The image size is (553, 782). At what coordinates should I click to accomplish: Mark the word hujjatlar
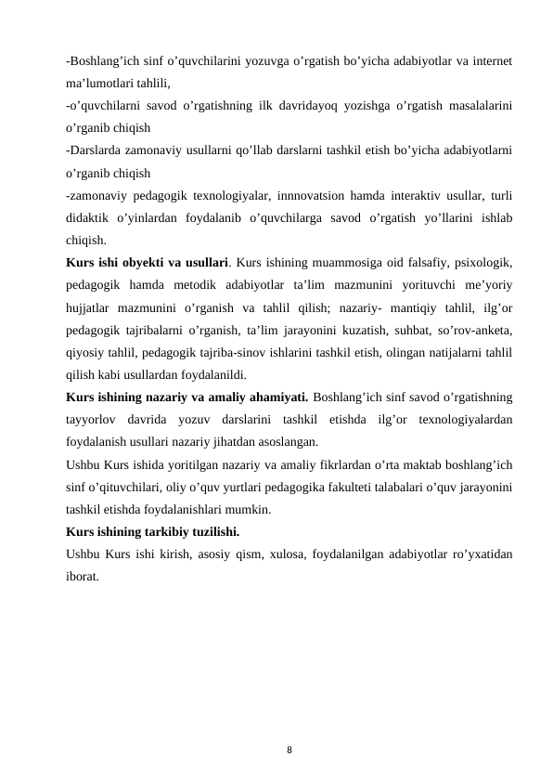(91, 306)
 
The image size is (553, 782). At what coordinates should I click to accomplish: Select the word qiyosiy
(84, 351)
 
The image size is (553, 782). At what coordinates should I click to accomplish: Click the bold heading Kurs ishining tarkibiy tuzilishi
(152, 532)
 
